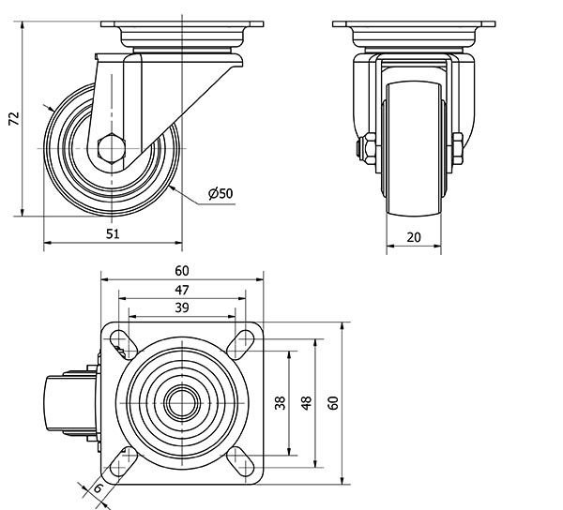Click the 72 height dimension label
[x=13, y=118]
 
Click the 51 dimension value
[x=112, y=235]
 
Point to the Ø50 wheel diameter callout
[x=221, y=193]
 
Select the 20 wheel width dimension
[x=414, y=237]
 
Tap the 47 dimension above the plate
[x=181, y=291]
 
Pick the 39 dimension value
[x=181, y=308]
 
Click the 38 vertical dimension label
[x=280, y=403]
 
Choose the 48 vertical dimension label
[x=306, y=403]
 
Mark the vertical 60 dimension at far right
[x=332, y=403]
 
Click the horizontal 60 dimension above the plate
[x=181, y=271]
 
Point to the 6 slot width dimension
[x=98, y=489]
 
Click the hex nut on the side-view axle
[x=111, y=147]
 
